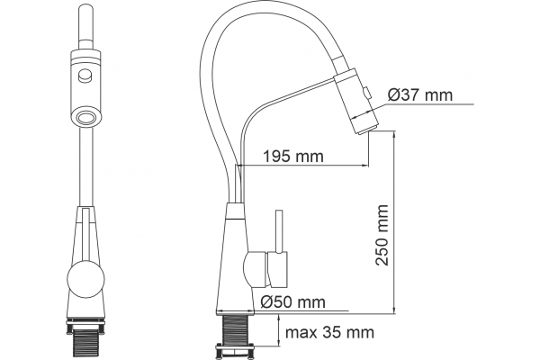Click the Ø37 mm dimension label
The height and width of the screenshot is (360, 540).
419,94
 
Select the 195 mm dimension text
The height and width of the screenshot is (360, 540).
293,157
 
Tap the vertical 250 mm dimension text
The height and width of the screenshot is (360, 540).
382,235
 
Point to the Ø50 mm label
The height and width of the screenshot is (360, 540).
292,302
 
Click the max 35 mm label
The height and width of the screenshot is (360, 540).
329,333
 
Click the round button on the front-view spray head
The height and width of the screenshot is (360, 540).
85,76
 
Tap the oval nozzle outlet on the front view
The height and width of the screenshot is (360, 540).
85,117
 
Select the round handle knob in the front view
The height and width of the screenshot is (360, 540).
85,278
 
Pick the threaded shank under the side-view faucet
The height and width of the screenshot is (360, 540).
236,329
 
